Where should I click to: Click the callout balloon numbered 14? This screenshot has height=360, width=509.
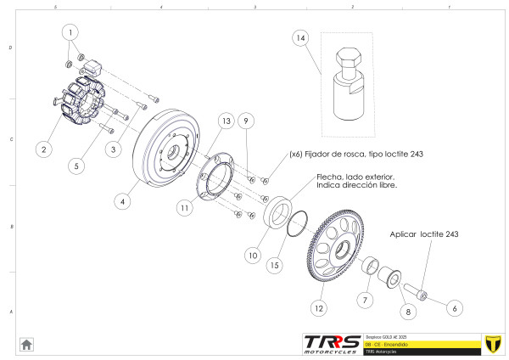pyautogui.click(x=300, y=38)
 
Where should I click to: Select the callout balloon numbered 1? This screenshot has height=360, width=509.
pyautogui.click(x=72, y=31)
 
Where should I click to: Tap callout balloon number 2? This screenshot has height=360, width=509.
pyautogui.click(x=41, y=149)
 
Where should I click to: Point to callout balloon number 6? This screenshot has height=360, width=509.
pyautogui.click(x=454, y=307)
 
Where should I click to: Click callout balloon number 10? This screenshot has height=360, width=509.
pyautogui.click(x=252, y=254)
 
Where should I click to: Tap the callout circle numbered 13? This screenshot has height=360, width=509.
pyautogui.click(x=225, y=122)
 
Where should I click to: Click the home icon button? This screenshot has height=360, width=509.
pyautogui.click(x=26, y=344)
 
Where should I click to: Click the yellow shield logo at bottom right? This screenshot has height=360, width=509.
pyautogui.click(x=490, y=343)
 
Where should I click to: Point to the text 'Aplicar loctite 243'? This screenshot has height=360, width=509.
pyautogui.click(x=423, y=233)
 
